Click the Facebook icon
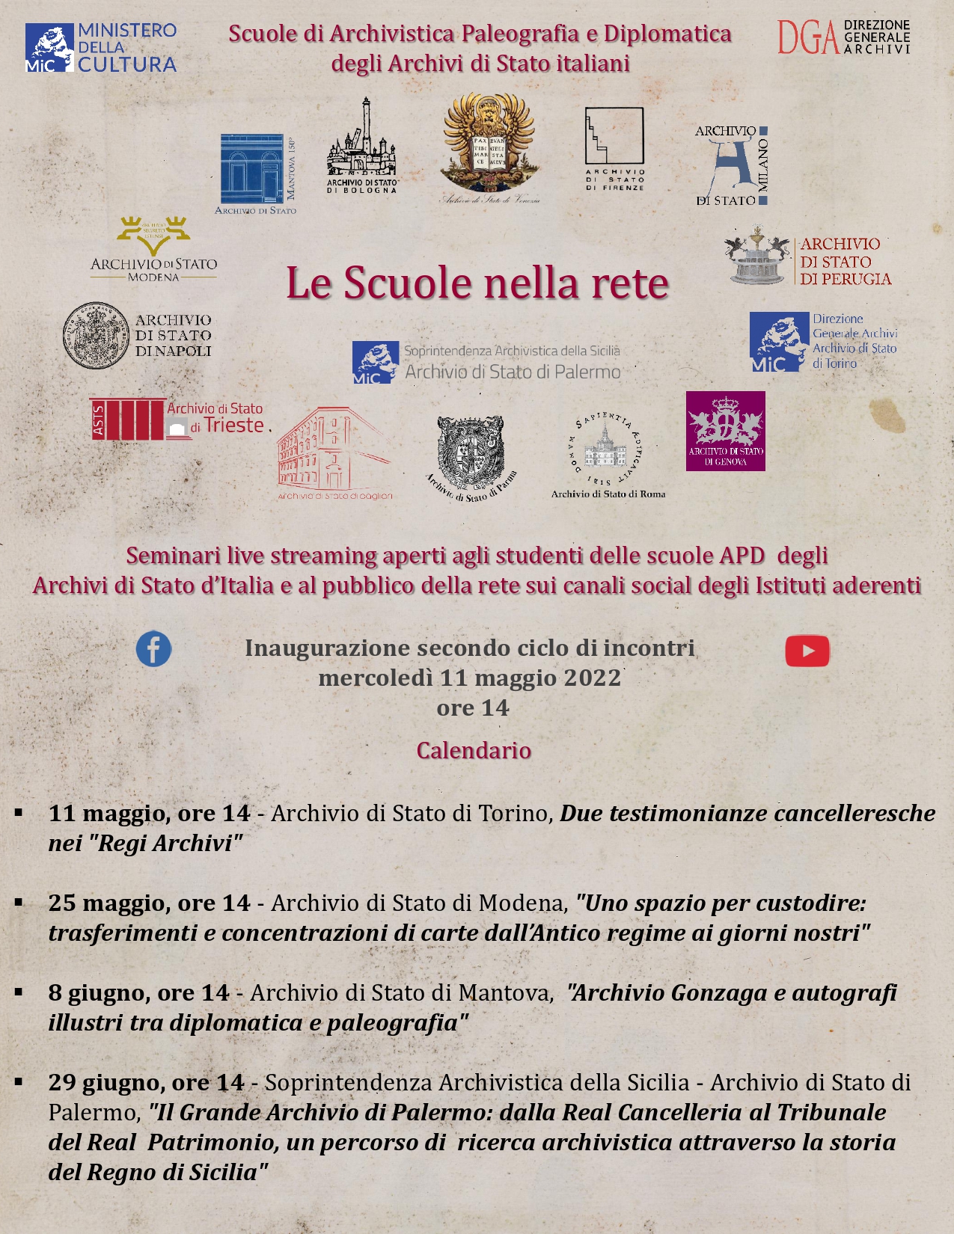[x=153, y=649]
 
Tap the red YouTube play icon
[x=807, y=651]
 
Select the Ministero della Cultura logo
[x=101, y=48]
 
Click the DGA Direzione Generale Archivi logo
[x=843, y=37]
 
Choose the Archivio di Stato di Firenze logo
[x=614, y=149]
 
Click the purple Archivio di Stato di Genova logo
[x=725, y=431]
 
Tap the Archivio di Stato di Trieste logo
[x=177, y=419]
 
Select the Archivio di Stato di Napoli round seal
[x=97, y=336]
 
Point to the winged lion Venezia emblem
[x=489, y=147]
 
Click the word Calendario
[x=474, y=750]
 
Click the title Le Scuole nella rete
[x=477, y=283]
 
